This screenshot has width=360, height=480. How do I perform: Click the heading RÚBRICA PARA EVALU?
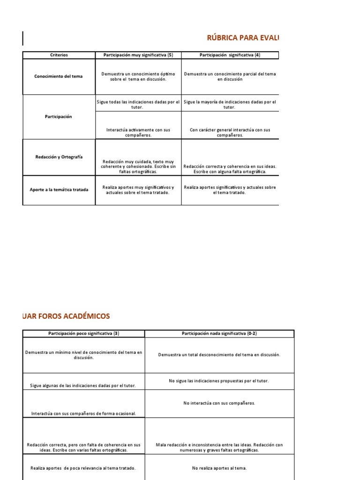pyautogui.click(x=243, y=38)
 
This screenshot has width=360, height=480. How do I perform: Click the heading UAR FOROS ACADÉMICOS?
pyautogui.click(x=66, y=316)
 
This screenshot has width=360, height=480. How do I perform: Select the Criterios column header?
pyautogui.click(x=59, y=55)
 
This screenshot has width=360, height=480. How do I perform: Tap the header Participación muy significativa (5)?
pyautogui.click(x=138, y=55)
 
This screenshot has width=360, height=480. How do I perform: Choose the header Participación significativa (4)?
pyautogui.click(x=230, y=55)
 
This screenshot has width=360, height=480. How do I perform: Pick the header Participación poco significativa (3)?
pyautogui.click(x=84, y=333)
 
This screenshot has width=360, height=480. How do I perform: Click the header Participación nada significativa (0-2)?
pyautogui.click(x=219, y=333)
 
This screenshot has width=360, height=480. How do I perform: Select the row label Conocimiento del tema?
pyautogui.click(x=59, y=76)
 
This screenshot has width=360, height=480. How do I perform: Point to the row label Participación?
pyautogui.click(x=59, y=117)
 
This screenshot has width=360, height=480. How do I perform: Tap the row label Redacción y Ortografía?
pyautogui.click(x=59, y=157)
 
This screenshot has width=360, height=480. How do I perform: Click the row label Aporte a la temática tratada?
pyautogui.click(x=59, y=189)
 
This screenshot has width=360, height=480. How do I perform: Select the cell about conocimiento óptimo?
pyautogui.click(x=138, y=76)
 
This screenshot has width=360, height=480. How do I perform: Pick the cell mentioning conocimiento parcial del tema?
pyautogui.click(x=230, y=76)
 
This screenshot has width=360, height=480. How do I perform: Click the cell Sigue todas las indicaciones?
pyautogui.click(x=138, y=104)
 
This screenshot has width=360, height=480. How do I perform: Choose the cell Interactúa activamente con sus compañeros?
pyautogui.click(x=138, y=132)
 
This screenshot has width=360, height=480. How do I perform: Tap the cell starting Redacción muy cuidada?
pyautogui.click(x=138, y=166)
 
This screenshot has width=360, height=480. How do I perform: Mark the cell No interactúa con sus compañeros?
pyautogui.click(x=219, y=403)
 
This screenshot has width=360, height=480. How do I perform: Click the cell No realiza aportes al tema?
pyautogui.click(x=219, y=468)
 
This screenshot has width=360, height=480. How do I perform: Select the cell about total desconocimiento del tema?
pyautogui.click(x=219, y=355)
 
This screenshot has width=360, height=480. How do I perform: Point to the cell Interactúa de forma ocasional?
pyautogui.click(x=84, y=413)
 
